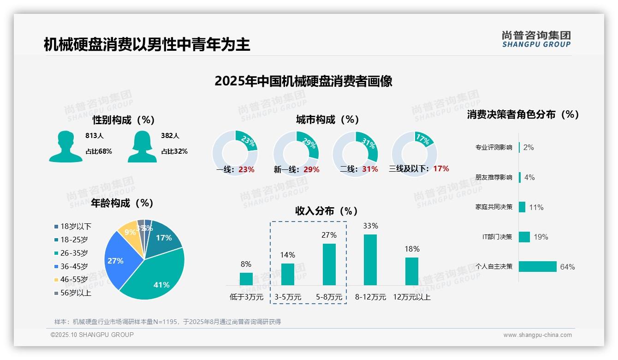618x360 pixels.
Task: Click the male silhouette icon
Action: (66, 146)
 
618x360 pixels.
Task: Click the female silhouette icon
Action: (142, 146)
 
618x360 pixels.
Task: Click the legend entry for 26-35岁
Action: (74, 253)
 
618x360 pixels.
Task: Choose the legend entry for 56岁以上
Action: (76, 293)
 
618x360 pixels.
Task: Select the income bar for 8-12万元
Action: (370, 260)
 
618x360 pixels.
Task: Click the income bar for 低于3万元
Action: (246, 279)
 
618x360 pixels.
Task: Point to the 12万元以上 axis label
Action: (412, 297)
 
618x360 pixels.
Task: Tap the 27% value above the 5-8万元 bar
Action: (329, 235)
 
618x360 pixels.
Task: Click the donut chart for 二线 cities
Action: (355, 154)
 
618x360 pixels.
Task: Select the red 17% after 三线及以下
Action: (441, 168)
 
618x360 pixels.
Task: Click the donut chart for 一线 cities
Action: (235, 154)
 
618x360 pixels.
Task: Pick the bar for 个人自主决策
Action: (538, 267)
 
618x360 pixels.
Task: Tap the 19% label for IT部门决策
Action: (541, 237)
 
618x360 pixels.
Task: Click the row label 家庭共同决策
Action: (493, 207)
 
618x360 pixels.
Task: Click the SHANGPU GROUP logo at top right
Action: (536, 39)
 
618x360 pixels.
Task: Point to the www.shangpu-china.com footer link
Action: (537, 335)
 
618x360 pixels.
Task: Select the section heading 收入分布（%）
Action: (327, 211)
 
